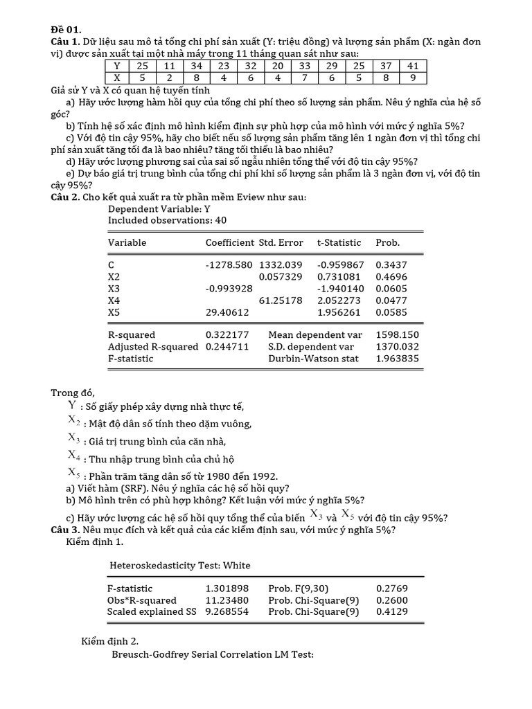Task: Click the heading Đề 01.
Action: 66,29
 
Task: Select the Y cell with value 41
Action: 413,66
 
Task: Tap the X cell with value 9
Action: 413,78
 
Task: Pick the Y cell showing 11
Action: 169,66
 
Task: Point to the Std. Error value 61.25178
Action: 281,300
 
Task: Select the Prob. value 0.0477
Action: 391,300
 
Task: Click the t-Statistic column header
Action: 339,243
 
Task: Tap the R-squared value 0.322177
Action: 227,335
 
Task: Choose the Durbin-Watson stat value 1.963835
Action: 397,359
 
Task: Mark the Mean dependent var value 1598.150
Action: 397,335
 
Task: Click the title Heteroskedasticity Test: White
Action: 180,566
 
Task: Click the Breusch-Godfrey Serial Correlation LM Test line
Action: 213,654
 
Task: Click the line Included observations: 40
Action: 167,220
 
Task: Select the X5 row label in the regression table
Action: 114,312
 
